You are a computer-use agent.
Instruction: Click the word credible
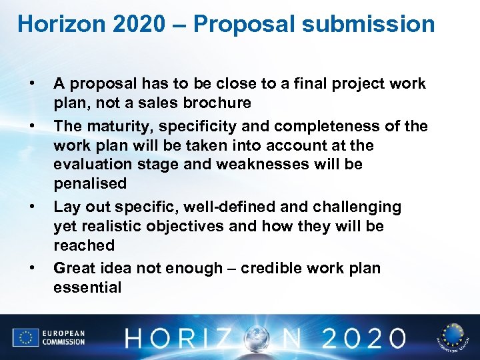[273, 269]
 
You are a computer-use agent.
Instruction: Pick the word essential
[87, 287]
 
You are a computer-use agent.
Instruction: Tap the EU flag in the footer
[25, 337]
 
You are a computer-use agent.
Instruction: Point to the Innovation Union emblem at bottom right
[453, 337]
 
